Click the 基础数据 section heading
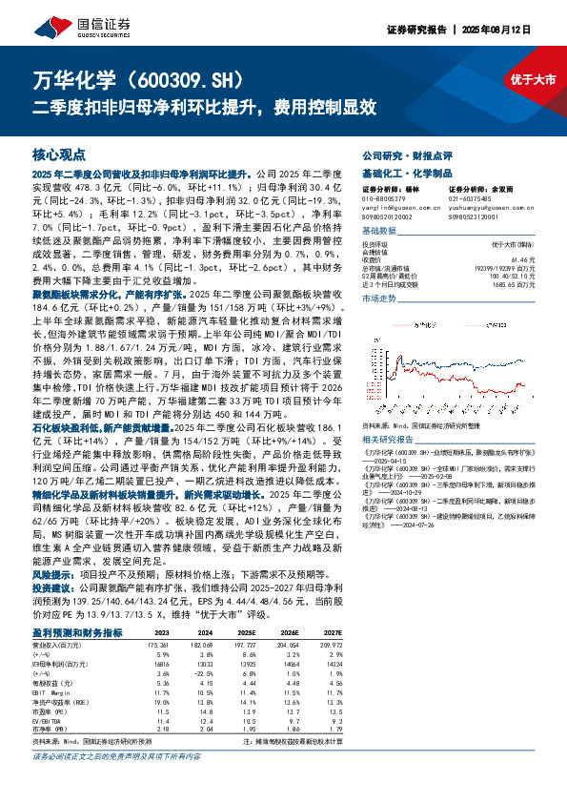pyautogui.click(x=381, y=231)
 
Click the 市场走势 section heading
pyautogui.click(x=381, y=299)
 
